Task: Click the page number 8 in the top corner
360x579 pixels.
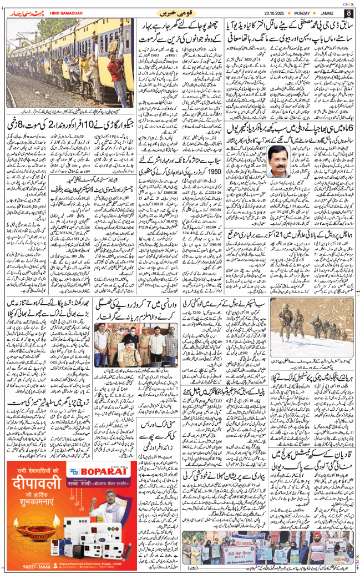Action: pos(348,12)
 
